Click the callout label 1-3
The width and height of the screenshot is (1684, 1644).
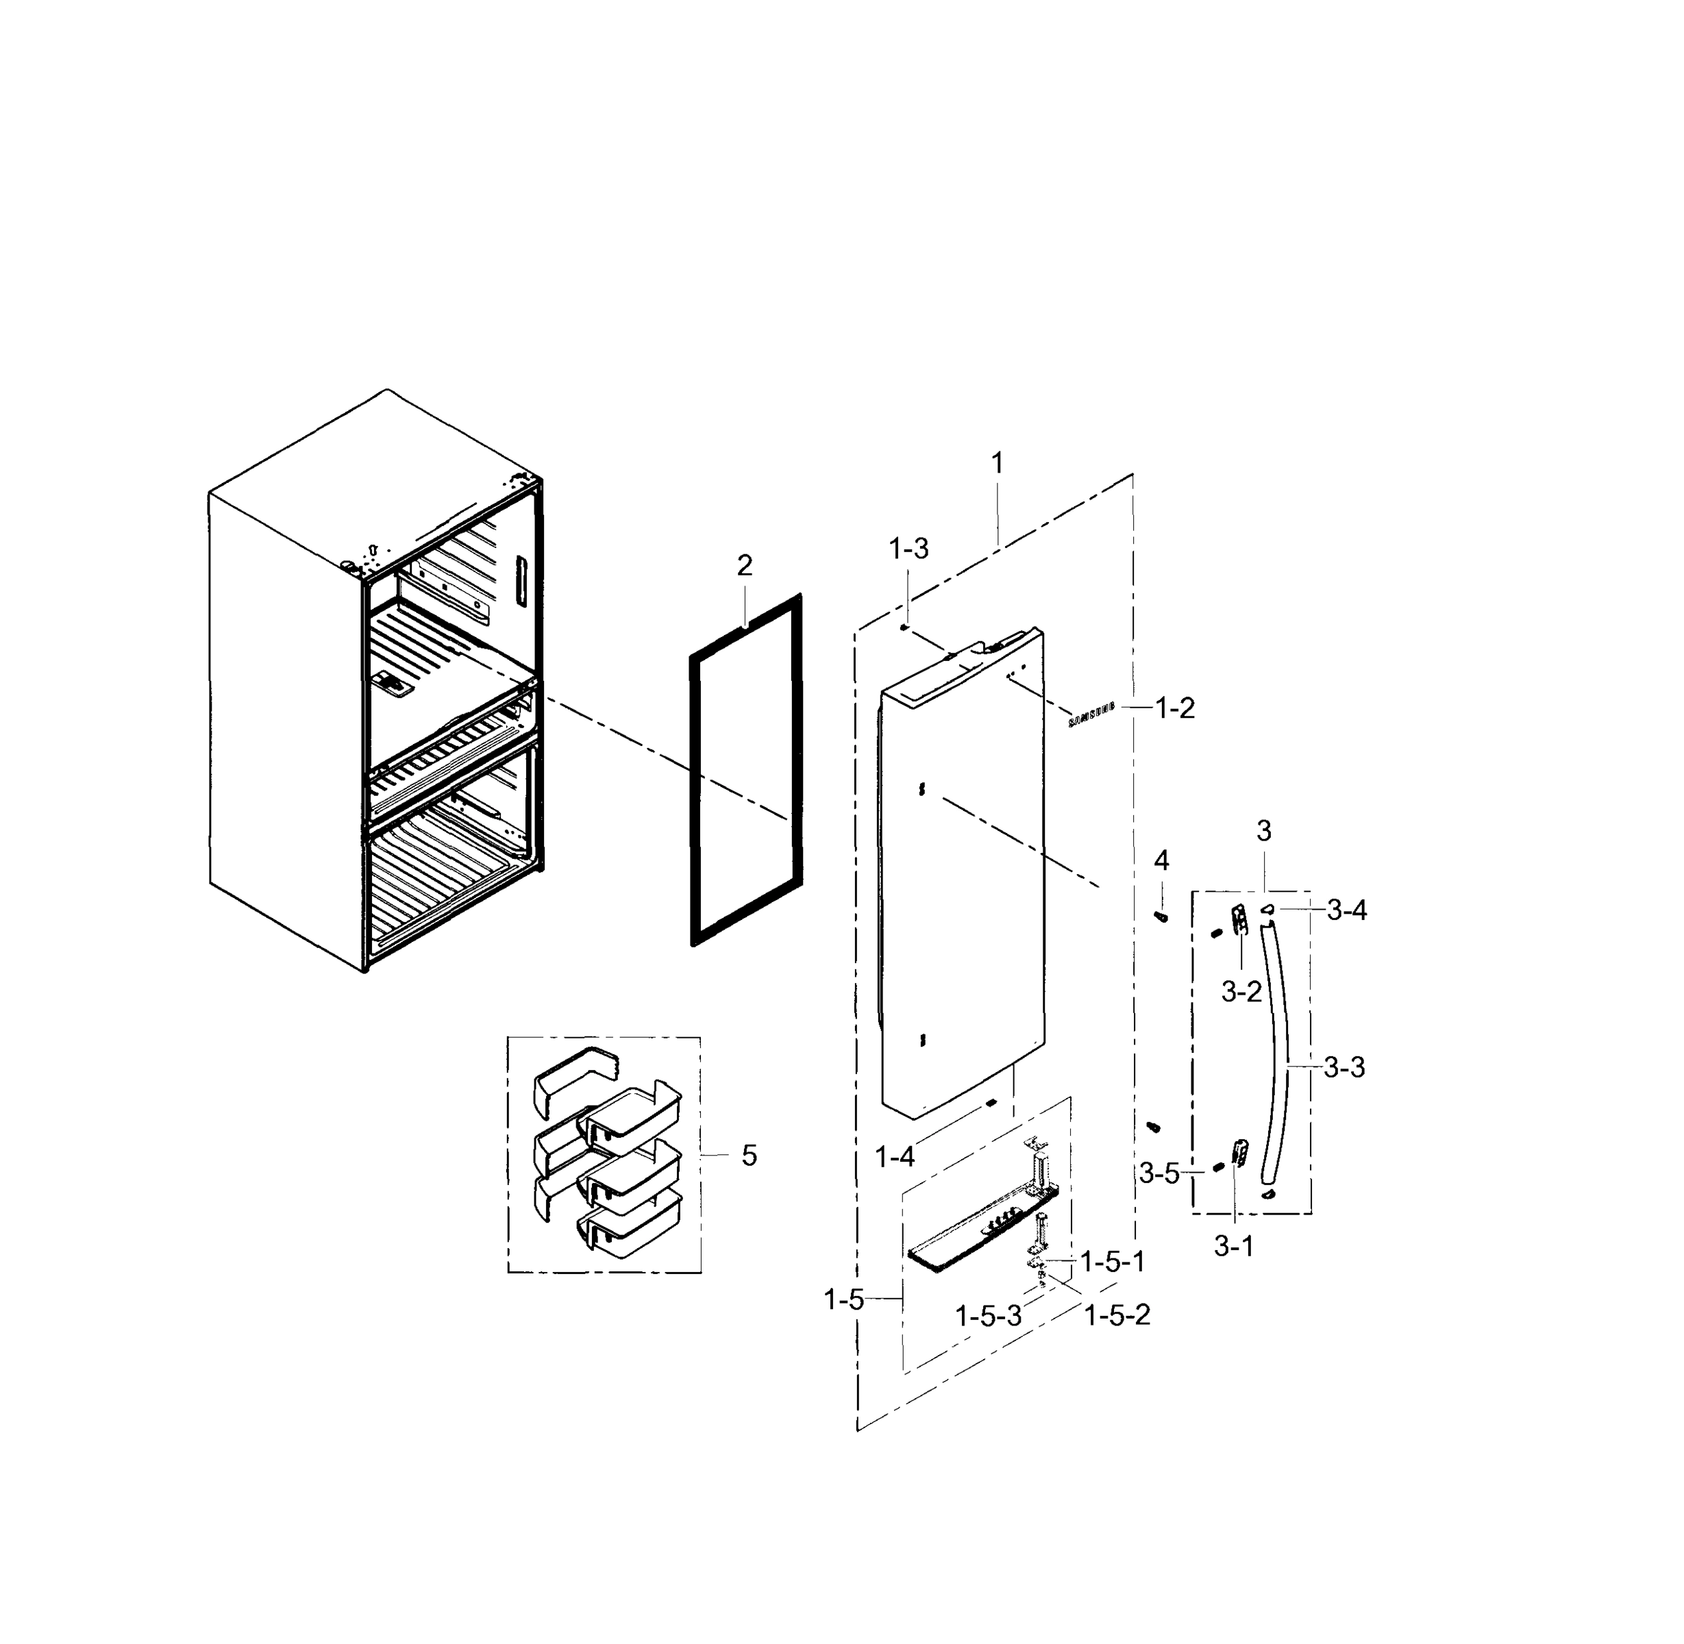click(x=908, y=548)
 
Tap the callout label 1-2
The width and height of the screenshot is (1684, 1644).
click(x=1174, y=708)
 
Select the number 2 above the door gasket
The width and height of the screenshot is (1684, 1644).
click(x=745, y=566)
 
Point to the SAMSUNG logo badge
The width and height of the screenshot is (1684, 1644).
click(x=1091, y=714)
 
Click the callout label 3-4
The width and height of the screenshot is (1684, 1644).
click(x=1346, y=910)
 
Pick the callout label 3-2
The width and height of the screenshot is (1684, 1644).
click(x=1241, y=992)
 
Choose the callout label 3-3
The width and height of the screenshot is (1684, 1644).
click(x=1345, y=1068)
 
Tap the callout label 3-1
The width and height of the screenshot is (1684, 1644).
click(x=1233, y=1246)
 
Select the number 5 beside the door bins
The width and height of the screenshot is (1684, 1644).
click(x=749, y=1156)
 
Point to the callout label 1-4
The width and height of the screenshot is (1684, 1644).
click(x=895, y=1157)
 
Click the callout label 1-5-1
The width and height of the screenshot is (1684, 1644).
click(x=1113, y=1262)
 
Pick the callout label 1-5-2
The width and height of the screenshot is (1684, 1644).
click(x=1117, y=1315)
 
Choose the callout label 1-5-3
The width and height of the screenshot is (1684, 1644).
click(x=988, y=1316)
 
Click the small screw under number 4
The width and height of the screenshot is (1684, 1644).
click(x=1161, y=916)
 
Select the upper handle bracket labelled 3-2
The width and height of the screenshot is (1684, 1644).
click(x=1240, y=919)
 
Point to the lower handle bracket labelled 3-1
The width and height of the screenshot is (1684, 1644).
click(x=1241, y=1153)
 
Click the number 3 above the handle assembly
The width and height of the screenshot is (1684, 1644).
click(x=1263, y=832)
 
